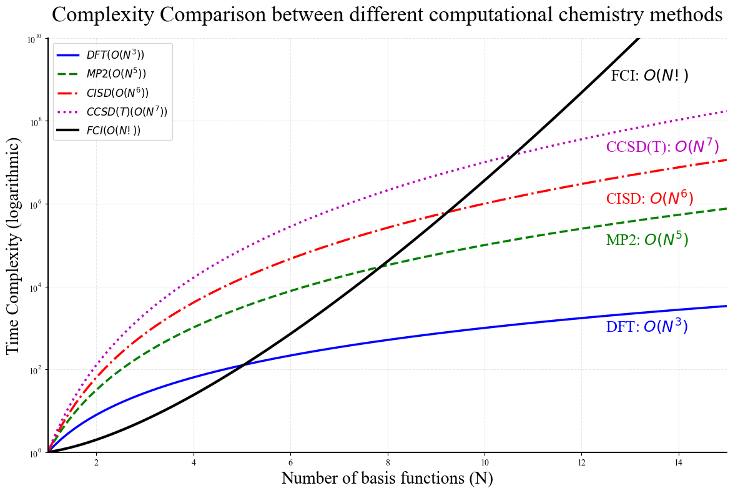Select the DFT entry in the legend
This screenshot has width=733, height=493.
[115, 55]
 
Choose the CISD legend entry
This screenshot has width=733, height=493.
[117, 92]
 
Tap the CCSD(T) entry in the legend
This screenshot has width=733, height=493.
[127, 111]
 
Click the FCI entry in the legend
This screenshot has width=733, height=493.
[113, 130]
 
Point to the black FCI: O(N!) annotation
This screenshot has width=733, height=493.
[649, 76]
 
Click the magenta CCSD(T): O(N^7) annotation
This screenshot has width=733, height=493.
[662, 147]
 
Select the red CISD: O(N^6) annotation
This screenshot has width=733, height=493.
[649, 198]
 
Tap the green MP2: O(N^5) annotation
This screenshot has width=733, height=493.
[647, 240]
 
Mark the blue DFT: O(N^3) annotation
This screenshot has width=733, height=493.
[647, 326]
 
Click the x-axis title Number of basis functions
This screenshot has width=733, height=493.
[387, 478]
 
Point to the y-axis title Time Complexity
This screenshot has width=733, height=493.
[14, 245]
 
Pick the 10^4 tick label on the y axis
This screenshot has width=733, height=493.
[34, 287]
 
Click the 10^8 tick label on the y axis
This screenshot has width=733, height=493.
[34, 121]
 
